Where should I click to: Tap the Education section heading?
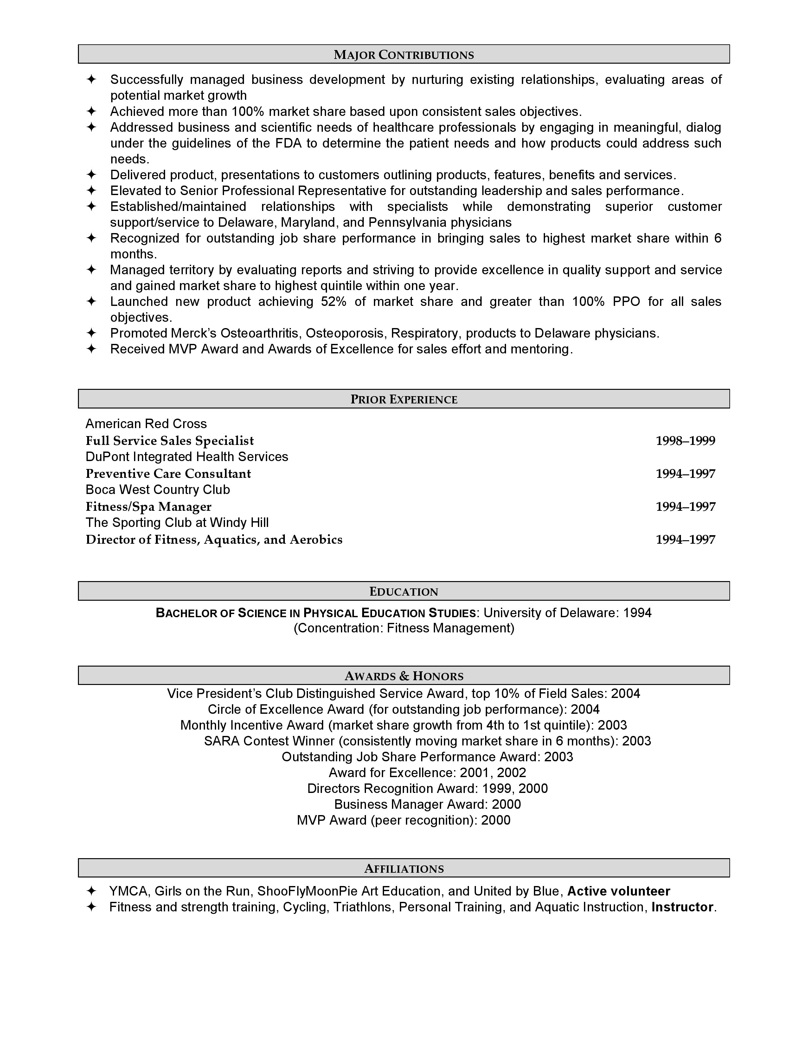(x=403, y=592)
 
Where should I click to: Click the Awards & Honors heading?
(x=403, y=676)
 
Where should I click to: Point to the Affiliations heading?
(x=403, y=868)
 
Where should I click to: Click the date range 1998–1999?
(x=685, y=441)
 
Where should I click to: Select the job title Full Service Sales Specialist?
(x=170, y=441)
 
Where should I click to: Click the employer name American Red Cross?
(x=146, y=424)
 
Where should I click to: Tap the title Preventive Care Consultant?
(x=168, y=474)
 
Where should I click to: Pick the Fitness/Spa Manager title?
(x=148, y=507)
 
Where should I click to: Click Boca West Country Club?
(x=157, y=490)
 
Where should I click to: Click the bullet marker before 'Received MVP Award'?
(x=91, y=349)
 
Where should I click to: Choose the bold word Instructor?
(x=682, y=907)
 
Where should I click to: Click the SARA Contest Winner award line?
(x=427, y=741)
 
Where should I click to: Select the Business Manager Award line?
(x=427, y=804)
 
